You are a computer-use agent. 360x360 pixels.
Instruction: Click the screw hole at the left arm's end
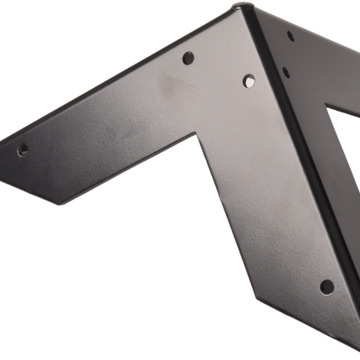coord(23,151)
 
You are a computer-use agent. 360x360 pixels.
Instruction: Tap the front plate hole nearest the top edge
coord(188,58)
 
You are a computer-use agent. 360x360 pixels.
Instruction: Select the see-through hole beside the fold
coord(249,81)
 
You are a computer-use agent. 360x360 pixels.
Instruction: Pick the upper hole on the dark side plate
coord(291,36)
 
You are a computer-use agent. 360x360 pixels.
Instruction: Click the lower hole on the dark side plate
coord(286,73)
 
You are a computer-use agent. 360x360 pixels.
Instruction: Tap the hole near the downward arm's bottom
coord(327,286)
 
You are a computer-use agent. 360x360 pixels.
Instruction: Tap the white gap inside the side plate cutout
coord(345,159)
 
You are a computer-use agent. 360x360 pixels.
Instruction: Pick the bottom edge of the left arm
coord(126,172)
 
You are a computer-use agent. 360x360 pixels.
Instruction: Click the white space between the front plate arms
coord(126,268)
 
